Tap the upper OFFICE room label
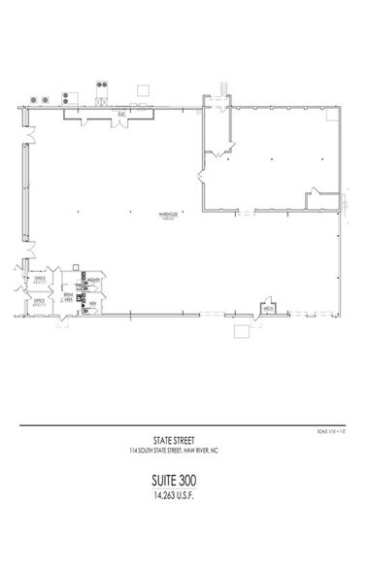[40, 279]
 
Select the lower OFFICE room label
[40, 302]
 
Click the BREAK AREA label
[68, 298]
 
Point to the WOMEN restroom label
[92, 281]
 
